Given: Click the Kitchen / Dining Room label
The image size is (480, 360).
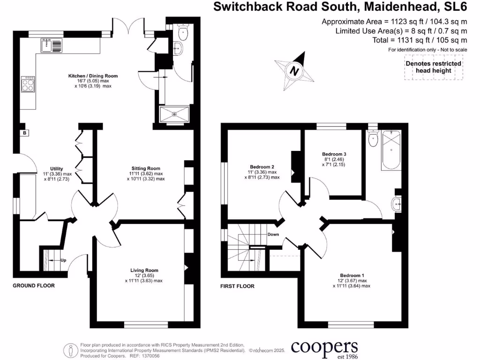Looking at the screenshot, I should pos(93,75).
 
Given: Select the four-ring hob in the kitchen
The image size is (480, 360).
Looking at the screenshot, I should pos(28,85).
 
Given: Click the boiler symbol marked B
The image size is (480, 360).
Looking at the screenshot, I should pos(23,133).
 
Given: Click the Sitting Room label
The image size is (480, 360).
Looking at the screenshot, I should pos(146,168).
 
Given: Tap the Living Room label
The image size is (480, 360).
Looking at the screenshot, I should pos(144,270).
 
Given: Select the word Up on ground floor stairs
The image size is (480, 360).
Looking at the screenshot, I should pos(63,260).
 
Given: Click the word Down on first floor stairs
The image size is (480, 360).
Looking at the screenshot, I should pos(273,234).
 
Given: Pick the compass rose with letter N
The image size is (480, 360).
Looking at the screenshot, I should pos(294,72).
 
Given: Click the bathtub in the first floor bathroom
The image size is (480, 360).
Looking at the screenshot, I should pos(390,151).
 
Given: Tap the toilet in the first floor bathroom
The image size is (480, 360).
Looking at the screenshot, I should pos(373,139).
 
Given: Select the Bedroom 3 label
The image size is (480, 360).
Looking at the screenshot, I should pos(334,154).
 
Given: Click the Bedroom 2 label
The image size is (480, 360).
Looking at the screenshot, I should pos(262,167).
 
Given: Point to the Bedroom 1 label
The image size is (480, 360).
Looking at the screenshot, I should pos(352,275).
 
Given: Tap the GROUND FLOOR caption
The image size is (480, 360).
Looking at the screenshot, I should pos(33,285).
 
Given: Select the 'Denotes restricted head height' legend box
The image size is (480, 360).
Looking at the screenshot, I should pos(433,67).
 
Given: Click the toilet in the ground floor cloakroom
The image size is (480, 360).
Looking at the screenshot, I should pos(182,32).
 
